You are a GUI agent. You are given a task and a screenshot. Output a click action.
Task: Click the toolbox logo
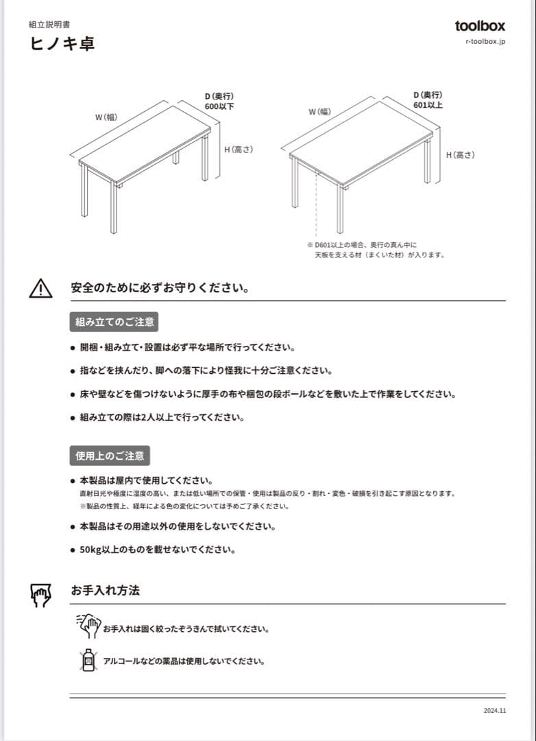click(x=480, y=25)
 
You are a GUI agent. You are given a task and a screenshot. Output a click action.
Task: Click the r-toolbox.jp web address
click(x=485, y=41)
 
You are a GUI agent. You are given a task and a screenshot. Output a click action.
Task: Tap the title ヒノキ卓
click(x=62, y=43)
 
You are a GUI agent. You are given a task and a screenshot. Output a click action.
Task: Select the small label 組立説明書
click(x=49, y=24)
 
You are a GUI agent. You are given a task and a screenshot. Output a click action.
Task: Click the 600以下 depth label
click(x=219, y=106)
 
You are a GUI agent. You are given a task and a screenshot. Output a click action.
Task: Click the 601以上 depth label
click(x=428, y=105)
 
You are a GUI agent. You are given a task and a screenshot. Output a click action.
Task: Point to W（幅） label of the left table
click(x=106, y=117)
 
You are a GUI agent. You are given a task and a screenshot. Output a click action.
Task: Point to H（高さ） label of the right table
click(x=461, y=154)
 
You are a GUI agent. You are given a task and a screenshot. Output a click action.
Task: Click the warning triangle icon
click(x=40, y=288)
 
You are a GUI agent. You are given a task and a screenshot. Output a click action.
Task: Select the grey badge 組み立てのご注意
click(x=114, y=322)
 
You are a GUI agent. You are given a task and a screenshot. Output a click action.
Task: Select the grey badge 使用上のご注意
click(x=110, y=456)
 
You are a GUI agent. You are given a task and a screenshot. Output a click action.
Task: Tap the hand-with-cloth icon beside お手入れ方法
click(x=40, y=594)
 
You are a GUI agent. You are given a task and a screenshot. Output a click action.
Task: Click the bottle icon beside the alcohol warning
click(x=88, y=660)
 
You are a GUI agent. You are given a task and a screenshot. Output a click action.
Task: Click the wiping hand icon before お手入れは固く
click(x=89, y=626)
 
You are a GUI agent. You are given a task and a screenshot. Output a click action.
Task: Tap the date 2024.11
click(x=495, y=710)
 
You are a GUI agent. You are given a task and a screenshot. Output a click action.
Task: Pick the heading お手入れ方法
click(x=106, y=590)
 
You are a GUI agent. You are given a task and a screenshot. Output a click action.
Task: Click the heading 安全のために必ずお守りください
click(x=160, y=287)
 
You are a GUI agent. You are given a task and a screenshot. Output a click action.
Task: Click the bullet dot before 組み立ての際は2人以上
click(x=73, y=418)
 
